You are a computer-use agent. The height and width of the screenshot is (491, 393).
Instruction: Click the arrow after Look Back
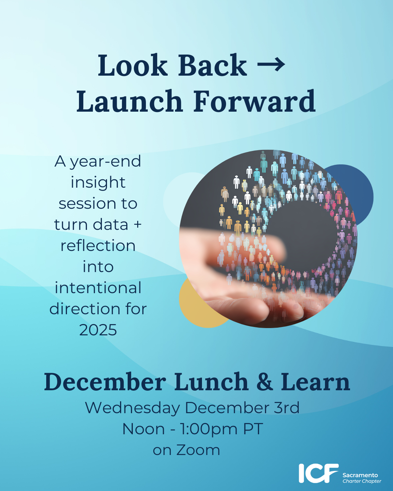click(x=271, y=65)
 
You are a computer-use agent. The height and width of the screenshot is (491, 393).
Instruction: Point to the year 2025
click(x=98, y=330)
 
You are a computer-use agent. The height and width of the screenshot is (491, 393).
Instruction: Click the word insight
click(x=98, y=183)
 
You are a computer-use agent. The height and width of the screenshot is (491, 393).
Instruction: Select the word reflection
click(x=98, y=245)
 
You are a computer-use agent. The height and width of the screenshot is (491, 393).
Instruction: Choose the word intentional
click(x=98, y=288)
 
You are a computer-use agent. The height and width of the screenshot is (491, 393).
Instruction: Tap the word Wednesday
click(x=132, y=408)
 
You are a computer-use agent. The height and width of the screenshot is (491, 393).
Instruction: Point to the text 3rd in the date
click(x=287, y=407)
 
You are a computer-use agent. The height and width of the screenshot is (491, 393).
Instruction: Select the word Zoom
click(x=198, y=450)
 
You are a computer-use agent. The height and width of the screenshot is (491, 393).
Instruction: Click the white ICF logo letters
click(x=319, y=473)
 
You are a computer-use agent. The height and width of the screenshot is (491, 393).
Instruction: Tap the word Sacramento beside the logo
click(x=360, y=475)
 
